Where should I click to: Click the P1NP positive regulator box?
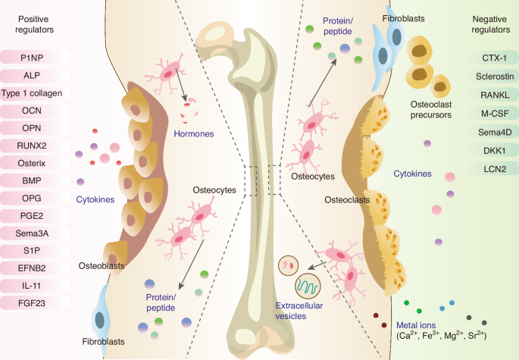35,57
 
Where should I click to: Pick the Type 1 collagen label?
35,92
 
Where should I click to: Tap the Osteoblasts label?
101,265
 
